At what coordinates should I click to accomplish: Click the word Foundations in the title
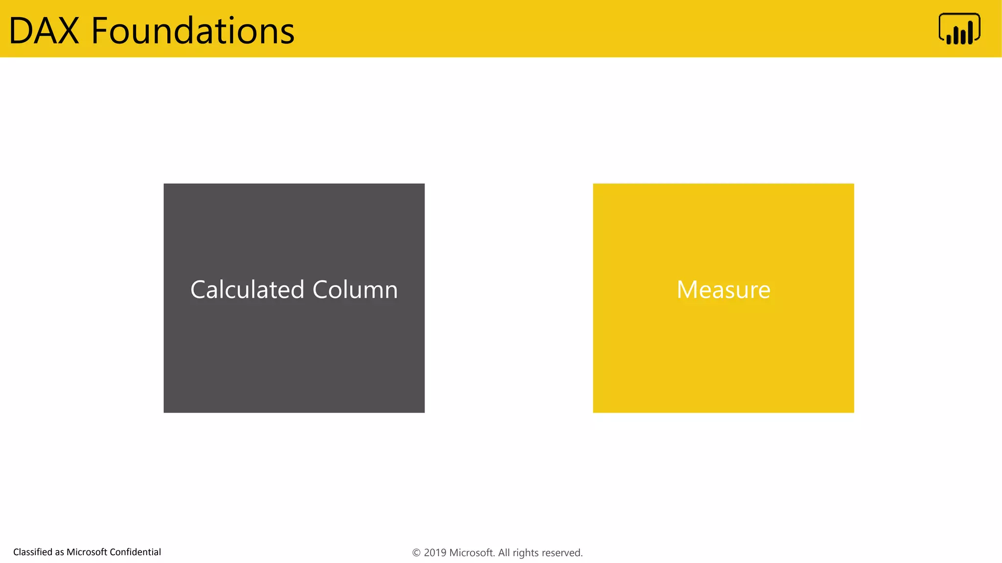193,31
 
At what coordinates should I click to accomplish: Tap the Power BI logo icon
959,29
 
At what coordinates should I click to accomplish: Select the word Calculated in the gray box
248,289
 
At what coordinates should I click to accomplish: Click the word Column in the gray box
355,289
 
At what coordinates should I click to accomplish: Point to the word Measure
723,289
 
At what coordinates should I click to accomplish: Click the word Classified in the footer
33,552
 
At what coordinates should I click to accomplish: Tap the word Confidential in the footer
135,552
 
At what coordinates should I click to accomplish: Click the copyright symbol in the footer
416,553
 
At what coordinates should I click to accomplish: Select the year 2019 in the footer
434,553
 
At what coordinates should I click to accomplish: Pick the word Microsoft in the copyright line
472,553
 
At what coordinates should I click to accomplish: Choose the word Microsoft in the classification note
87,552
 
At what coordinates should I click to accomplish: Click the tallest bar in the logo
970,32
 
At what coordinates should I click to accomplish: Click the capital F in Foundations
100,31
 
